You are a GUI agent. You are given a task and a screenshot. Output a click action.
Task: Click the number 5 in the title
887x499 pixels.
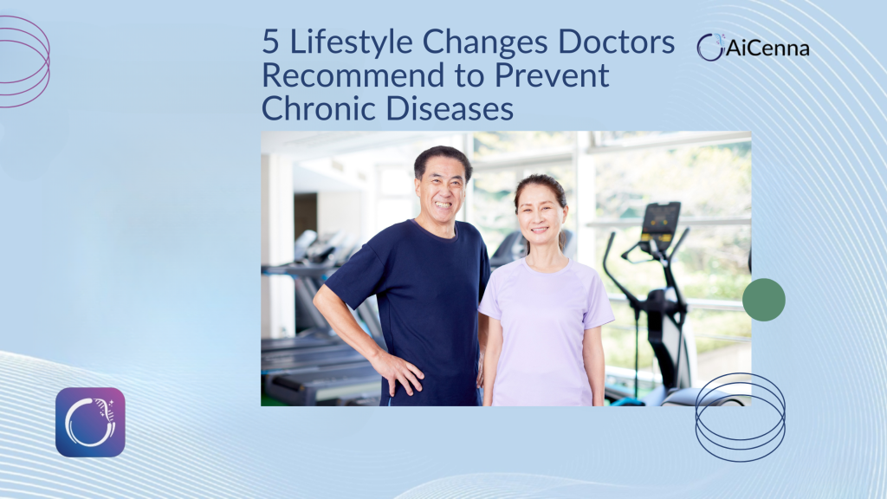point(270,42)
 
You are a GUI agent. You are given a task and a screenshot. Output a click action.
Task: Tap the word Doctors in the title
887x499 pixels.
point(617,42)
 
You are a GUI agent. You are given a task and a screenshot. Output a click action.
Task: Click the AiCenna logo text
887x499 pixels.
point(767,49)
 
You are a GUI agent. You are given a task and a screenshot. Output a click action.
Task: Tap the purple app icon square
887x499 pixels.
point(90,422)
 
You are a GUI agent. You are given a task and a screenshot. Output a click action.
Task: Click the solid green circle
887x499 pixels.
point(764,300)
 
